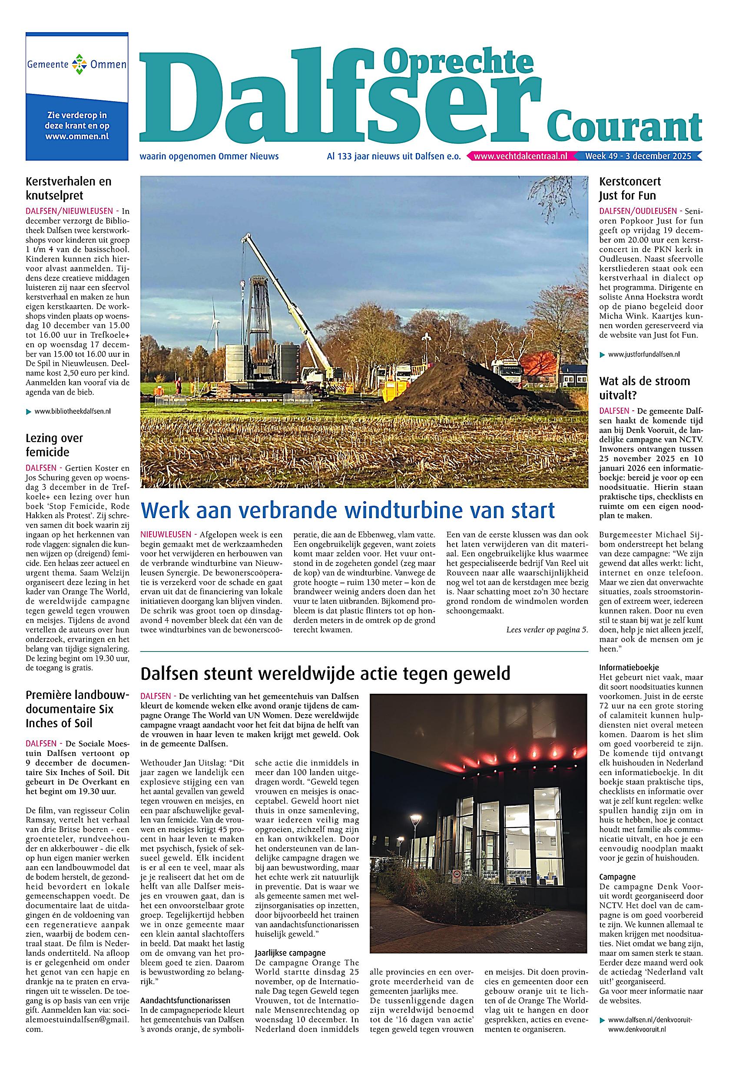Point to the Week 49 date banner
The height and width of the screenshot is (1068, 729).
(638, 157)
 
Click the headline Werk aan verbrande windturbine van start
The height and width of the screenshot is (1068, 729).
(347, 510)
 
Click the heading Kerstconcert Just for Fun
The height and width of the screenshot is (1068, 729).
(630, 188)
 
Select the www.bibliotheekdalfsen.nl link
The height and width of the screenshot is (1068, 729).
(72, 412)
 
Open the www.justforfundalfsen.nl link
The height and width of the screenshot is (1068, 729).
(643, 354)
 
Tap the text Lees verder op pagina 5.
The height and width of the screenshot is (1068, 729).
(547, 629)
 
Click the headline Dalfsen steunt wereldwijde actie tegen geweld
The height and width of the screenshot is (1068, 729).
(325, 674)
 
